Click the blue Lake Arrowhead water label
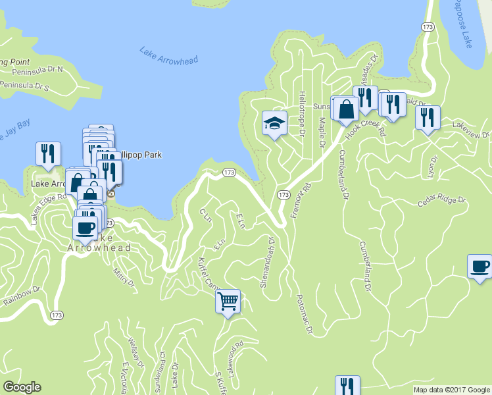[x=169, y=55]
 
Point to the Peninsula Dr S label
[x=34, y=86]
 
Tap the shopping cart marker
[x=228, y=302]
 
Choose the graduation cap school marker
[x=274, y=122]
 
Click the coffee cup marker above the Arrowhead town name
[x=85, y=228]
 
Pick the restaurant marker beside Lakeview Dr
[x=428, y=118]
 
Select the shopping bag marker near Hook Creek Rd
[x=346, y=108]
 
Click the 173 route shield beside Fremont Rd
[x=283, y=195]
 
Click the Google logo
[x=22, y=386]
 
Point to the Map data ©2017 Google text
[x=452, y=389]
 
